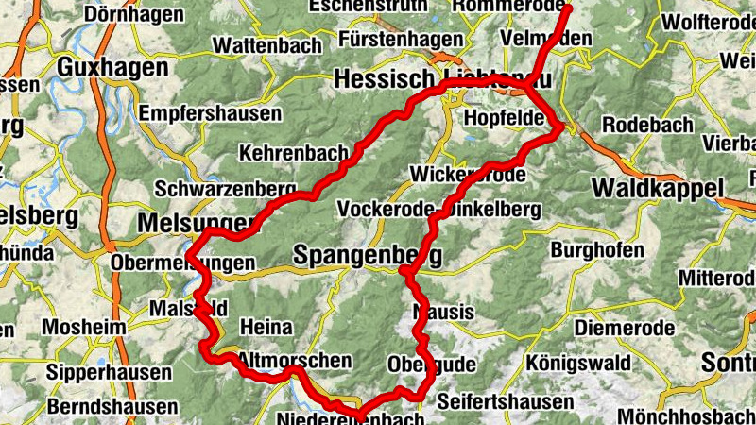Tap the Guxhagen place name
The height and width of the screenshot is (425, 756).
click(112, 67)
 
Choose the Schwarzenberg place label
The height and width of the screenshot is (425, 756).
click(220, 188)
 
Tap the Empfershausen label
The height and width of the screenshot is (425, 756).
click(210, 113)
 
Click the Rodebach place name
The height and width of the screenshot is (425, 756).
click(647, 125)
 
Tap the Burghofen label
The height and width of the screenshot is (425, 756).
click(596, 251)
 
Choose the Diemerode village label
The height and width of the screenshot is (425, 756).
click(625, 328)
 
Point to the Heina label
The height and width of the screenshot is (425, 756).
click(267, 327)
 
